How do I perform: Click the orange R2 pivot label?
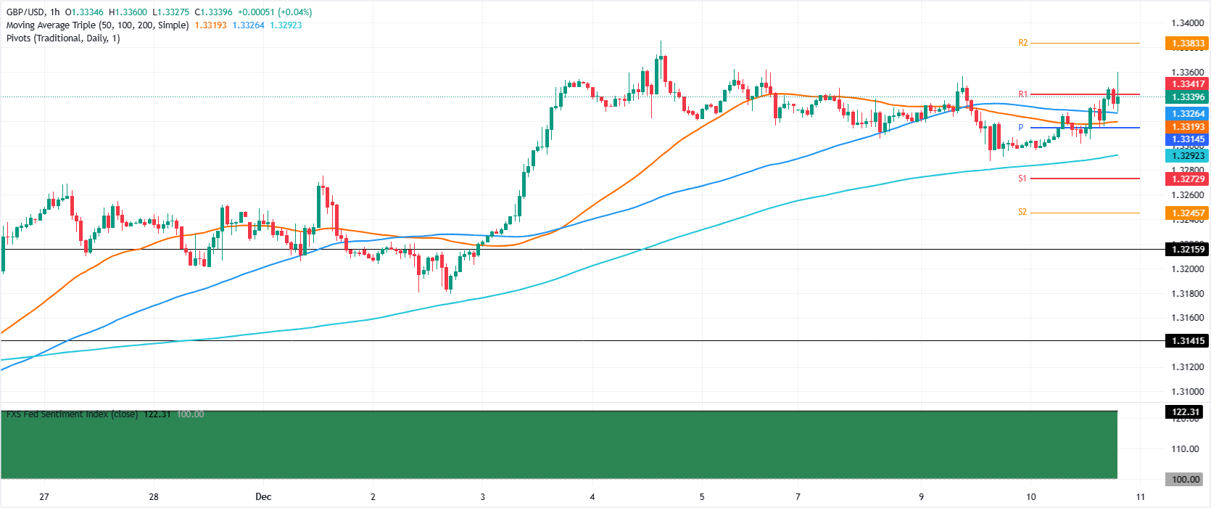(x=1022, y=43)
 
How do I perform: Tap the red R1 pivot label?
(x=1022, y=94)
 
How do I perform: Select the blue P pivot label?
(x=1020, y=128)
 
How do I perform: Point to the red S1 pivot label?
(x=1022, y=179)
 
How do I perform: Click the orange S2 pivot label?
(x=1022, y=213)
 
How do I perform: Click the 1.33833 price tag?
(x=1187, y=44)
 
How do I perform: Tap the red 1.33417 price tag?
(x=1187, y=84)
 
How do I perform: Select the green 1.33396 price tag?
(x=1187, y=97)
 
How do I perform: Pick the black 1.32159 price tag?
(x=1187, y=250)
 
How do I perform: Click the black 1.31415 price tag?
(x=1187, y=341)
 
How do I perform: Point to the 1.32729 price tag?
(x=1187, y=179)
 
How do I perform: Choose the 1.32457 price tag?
(x=1187, y=213)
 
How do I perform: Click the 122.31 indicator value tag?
(x=1187, y=412)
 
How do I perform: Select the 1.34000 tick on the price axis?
(x=1187, y=23)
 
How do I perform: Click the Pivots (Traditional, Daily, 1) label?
(x=63, y=38)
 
